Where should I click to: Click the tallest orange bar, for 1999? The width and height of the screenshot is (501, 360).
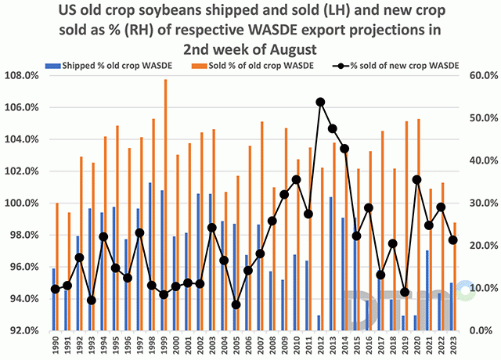[x=165, y=203]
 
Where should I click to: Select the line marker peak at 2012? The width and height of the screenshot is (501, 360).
[x=320, y=102]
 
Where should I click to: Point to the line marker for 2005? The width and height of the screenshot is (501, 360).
[x=236, y=304]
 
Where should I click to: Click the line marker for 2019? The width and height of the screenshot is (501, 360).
[x=404, y=292]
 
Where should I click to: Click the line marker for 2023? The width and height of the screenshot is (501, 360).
[x=453, y=239]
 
